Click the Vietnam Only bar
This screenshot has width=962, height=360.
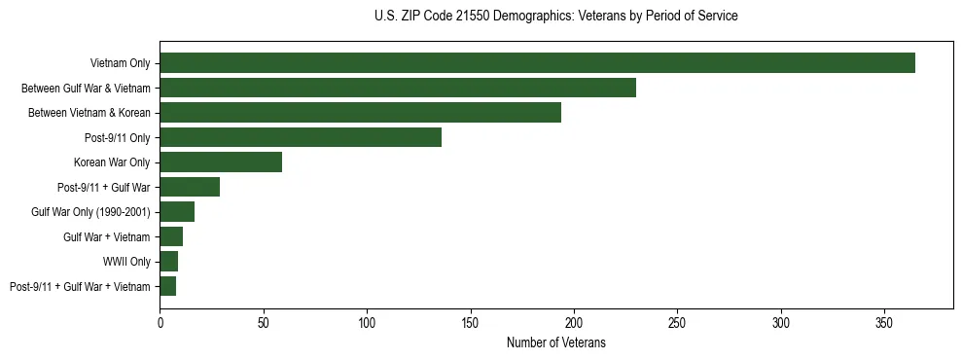click(537, 62)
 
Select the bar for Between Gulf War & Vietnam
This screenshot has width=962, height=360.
click(397, 88)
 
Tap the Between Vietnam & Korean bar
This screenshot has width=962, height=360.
click(360, 112)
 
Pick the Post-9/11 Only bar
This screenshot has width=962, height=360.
click(301, 137)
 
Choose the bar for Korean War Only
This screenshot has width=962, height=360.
click(221, 162)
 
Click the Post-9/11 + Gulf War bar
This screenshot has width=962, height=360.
click(190, 187)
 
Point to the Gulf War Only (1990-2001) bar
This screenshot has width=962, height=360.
click(177, 211)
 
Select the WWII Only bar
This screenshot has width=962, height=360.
click(169, 261)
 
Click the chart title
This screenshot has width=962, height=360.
click(555, 17)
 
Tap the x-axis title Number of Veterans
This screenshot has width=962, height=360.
click(555, 342)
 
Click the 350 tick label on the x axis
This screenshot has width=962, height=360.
click(884, 322)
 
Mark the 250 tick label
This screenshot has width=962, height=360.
click(678, 322)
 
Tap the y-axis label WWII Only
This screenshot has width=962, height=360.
click(126, 262)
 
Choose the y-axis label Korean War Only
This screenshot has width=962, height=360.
click(112, 162)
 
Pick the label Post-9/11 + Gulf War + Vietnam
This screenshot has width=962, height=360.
click(80, 286)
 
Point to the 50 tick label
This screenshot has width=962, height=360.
click(264, 322)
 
